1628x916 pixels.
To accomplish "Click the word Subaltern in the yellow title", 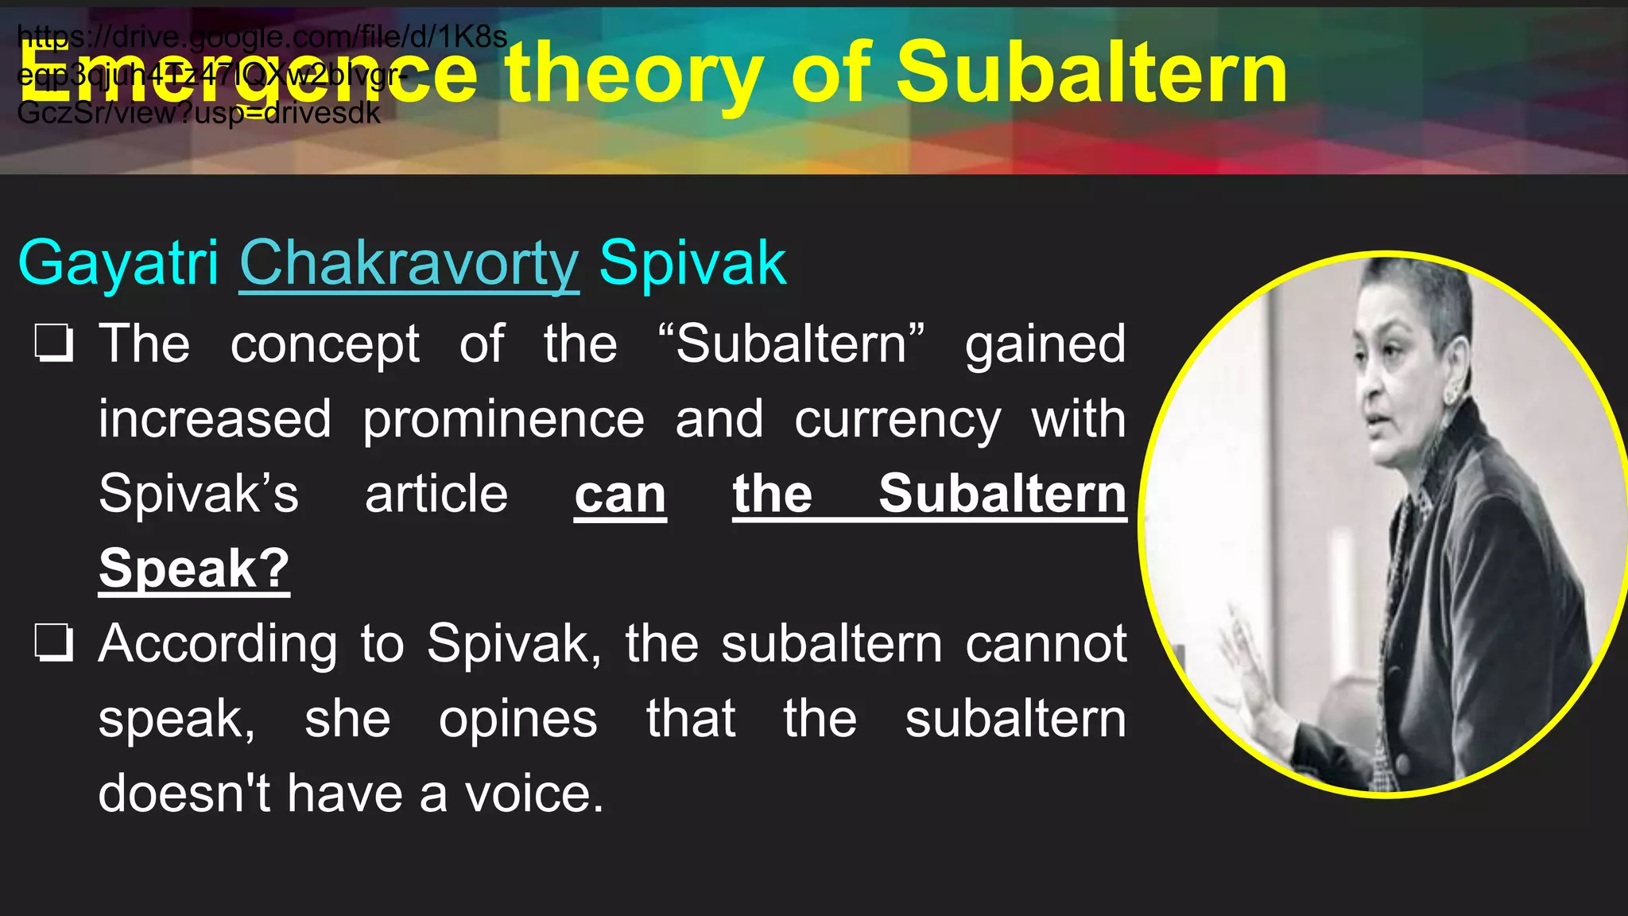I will click(1091, 73).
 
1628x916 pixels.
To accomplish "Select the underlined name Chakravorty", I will click(409, 263).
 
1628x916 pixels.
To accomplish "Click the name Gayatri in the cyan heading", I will click(118, 263).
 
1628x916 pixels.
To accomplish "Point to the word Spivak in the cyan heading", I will click(692, 263).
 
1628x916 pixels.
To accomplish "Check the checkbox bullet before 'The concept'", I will click(54, 343).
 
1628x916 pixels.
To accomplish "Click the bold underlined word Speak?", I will click(194, 569).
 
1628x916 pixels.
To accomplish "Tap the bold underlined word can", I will click(620, 495).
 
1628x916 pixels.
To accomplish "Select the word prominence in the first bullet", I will click(503, 419).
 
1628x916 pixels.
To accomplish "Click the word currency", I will click(897, 419).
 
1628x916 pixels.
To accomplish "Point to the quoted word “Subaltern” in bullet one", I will click(792, 343).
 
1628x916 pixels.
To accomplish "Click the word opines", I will click(517, 719).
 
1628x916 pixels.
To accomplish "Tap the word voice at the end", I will click(534, 794).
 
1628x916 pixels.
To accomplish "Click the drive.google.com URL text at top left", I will click(262, 37).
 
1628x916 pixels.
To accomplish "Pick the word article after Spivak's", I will click(436, 495).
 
